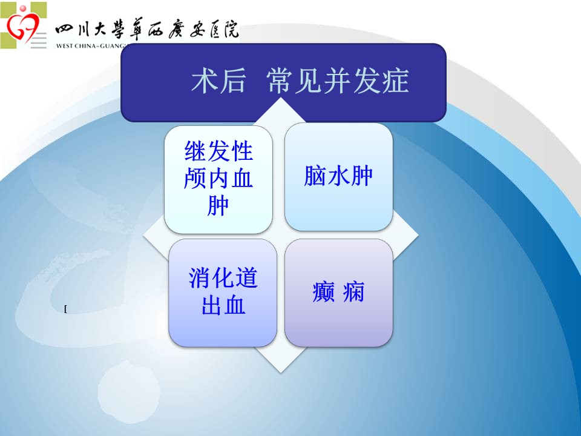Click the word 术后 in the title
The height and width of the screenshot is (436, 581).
click(x=218, y=81)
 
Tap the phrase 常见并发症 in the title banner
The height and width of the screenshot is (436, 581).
click(x=338, y=81)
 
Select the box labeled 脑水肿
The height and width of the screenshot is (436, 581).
click(x=338, y=177)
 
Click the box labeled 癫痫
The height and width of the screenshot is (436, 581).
click(x=338, y=292)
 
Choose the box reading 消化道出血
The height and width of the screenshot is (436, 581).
click(x=223, y=292)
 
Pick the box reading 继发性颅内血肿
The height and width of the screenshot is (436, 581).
click(x=218, y=179)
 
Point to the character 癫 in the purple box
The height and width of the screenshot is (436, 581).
click(x=323, y=292)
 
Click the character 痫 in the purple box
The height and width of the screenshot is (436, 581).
click(x=353, y=292)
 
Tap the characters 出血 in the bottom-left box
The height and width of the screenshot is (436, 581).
click(x=223, y=305)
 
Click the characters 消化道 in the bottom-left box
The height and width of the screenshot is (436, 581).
click(x=223, y=278)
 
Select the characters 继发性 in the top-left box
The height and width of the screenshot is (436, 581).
click(x=218, y=151)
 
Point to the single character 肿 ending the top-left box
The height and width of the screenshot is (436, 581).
click(x=217, y=206)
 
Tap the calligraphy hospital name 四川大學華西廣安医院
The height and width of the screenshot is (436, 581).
click(x=146, y=29)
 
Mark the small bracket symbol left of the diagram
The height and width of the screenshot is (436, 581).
click(x=65, y=309)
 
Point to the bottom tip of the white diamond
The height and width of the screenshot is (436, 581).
click(x=281, y=372)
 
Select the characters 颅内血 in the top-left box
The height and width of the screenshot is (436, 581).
click(x=218, y=178)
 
